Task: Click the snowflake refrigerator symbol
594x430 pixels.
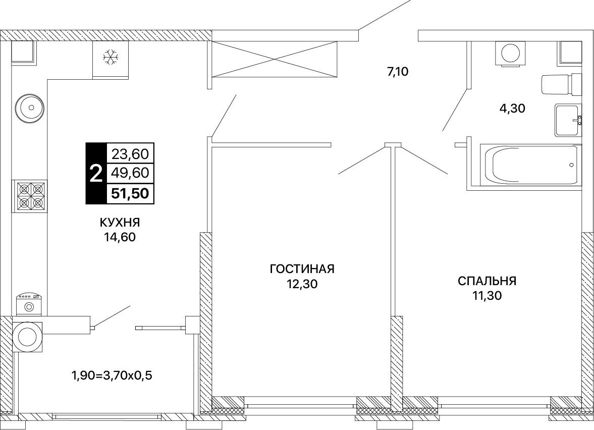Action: pos(111,57)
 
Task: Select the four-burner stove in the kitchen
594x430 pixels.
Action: pos(31,195)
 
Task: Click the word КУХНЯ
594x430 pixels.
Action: pos(120,223)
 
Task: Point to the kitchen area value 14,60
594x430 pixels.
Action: pos(120,237)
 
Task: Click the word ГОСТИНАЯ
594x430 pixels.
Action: pos(302,269)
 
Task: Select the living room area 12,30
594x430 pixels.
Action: pos(302,284)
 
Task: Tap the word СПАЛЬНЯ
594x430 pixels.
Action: pos(487,281)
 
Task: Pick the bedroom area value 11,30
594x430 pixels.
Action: pos(487,296)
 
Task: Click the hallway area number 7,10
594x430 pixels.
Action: pos(398,71)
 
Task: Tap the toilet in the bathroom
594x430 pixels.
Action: pos(561,84)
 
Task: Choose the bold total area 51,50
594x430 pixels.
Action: pos(130,193)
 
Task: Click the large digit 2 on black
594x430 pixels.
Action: pos(96,174)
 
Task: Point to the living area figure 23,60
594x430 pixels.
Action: pos(130,154)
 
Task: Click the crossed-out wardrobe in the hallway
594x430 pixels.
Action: pos(274,59)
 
